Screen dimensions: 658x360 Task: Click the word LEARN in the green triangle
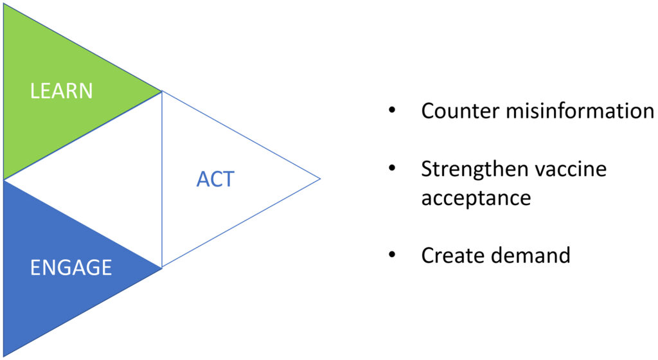pos(61,91)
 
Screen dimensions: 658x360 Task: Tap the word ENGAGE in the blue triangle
pos(71,267)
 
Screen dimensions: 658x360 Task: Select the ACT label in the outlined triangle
pos(215,179)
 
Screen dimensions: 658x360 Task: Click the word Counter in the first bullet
pos(460,111)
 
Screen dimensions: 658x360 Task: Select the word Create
pos(454,255)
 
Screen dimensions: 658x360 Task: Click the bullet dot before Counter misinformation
pos(393,111)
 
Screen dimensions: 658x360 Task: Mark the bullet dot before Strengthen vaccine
pos(393,168)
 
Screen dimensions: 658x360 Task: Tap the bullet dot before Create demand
pos(393,255)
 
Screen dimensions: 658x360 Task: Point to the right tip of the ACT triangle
pos(320,179)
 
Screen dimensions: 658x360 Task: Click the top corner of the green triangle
pos(4,4)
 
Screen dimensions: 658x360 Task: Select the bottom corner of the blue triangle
pos(4,356)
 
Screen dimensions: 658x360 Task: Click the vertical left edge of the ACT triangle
pos(161,179)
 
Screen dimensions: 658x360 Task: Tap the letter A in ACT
pos(203,179)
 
